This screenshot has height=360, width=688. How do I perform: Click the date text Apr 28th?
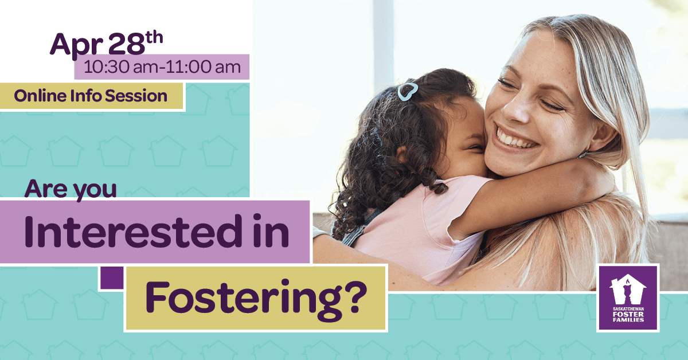coord(106,45)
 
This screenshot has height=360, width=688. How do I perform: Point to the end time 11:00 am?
coord(203,67)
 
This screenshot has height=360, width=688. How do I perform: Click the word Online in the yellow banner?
coord(40,96)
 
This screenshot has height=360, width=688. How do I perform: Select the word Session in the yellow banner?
coord(136,96)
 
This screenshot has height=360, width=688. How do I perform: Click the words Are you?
coord(71,190)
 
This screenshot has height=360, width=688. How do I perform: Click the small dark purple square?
coord(112,277)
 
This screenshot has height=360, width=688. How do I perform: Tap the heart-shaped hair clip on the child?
coord(408,92)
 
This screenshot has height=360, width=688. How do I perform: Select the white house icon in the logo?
coord(627,289)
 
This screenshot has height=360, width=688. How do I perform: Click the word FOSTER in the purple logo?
coord(628,314)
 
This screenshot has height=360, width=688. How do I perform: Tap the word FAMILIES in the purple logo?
coord(628,320)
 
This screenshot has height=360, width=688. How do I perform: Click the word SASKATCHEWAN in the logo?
coord(628,309)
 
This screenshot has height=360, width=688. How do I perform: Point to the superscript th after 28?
coord(154,38)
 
